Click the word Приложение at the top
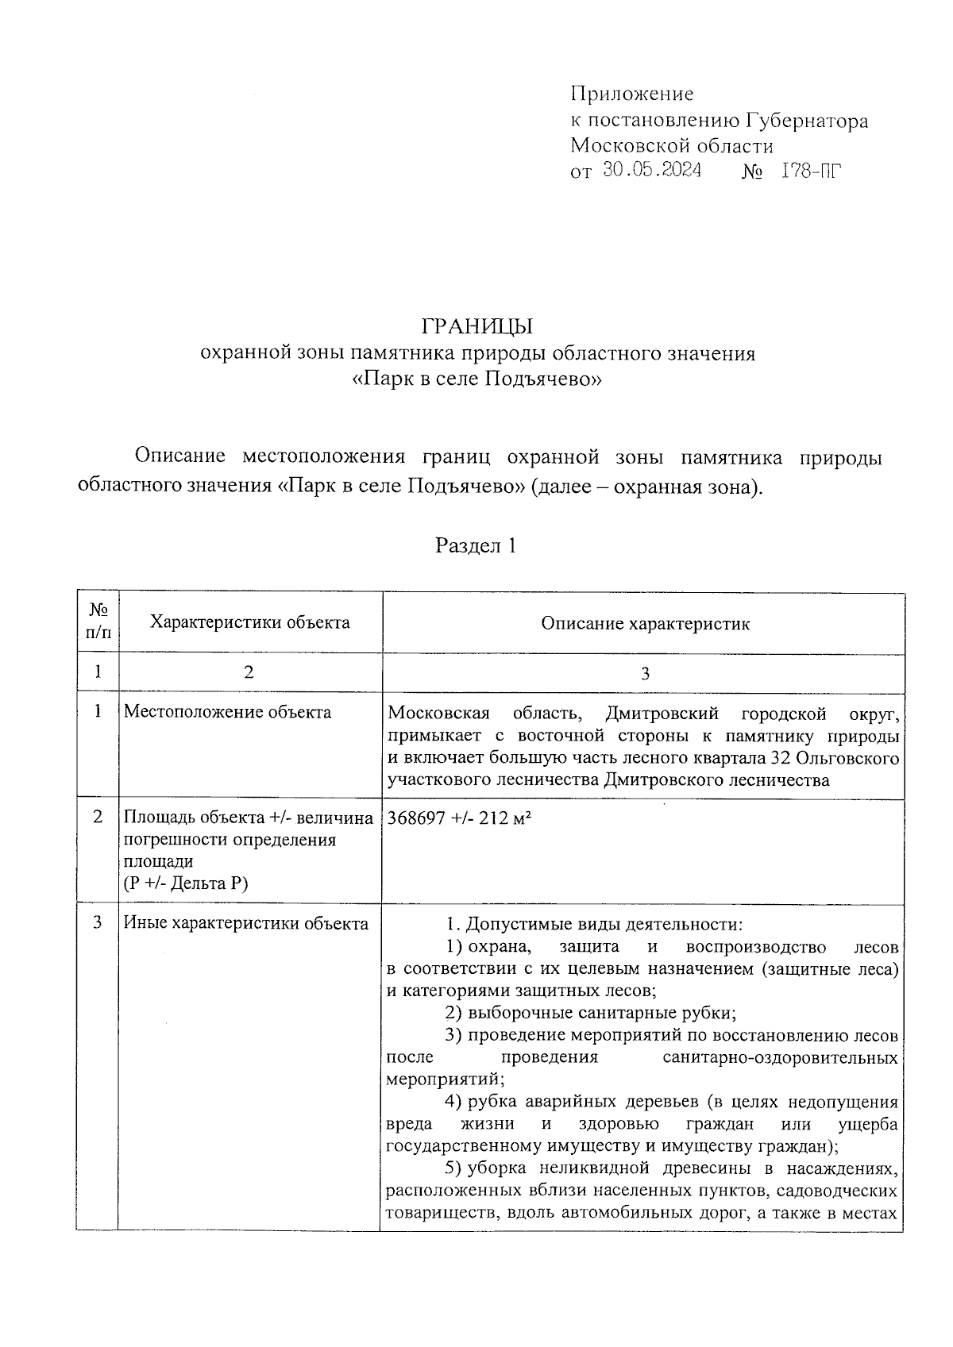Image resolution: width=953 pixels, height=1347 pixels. click(631, 94)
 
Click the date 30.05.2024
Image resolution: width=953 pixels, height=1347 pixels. click(651, 170)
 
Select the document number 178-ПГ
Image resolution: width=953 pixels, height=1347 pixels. click(810, 170)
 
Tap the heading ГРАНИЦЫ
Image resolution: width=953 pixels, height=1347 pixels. click(476, 326)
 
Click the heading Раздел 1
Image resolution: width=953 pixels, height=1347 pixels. click(476, 545)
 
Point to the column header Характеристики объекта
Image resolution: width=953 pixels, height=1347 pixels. click(250, 622)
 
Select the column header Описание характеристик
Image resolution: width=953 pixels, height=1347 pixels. click(645, 624)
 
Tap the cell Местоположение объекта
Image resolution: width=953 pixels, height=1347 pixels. click(227, 712)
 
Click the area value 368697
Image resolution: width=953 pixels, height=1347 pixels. click(415, 818)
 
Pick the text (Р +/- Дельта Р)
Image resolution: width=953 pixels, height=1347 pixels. click(186, 883)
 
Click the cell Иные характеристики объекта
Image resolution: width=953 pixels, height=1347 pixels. click(246, 924)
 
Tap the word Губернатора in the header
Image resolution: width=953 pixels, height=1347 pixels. click(806, 121)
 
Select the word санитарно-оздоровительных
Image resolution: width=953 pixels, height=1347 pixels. click(780, 1058)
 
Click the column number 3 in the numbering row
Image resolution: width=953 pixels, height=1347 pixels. click(644, 673)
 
